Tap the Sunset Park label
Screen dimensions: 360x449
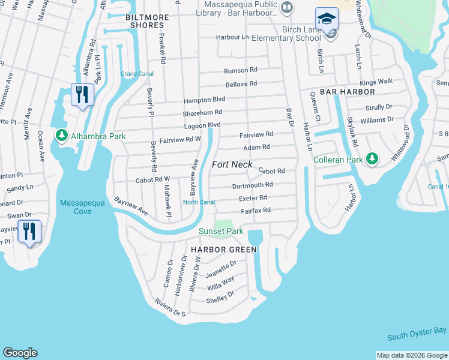pos(221,231)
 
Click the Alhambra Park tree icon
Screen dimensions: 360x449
pos(61,136)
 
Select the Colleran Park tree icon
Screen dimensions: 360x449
pos(373,159)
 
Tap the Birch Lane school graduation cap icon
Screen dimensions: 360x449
pos(327,19)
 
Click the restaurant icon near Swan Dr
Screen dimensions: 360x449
pos(29,230)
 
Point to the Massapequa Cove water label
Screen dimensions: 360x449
pos(82,207)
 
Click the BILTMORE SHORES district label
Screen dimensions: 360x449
pos(145,21)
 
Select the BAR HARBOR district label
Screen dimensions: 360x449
pos(348,92)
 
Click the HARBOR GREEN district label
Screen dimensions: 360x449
pos(224,249)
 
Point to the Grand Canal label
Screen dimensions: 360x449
pos(137,74)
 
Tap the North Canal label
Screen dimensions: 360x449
pos(199,202)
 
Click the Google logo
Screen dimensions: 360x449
pos(20,353)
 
